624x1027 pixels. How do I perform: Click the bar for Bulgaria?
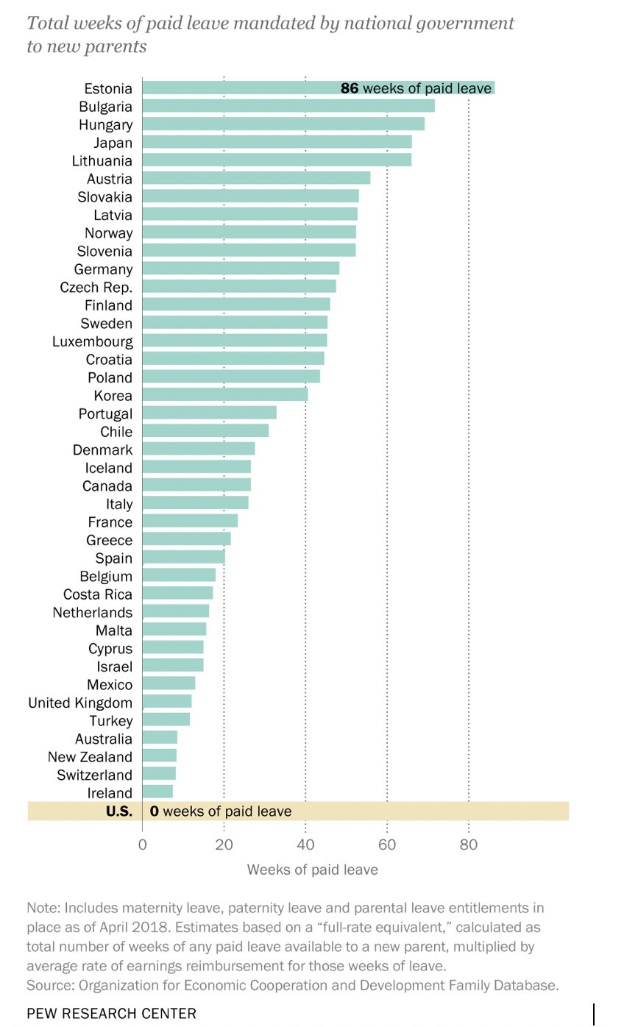tap(288, 106)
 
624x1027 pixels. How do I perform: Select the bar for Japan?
tap(277, 142)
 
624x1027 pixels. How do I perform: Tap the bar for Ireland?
tap(157, 792)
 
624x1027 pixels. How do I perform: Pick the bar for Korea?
tap(224, 395)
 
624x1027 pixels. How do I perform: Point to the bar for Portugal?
tap(209, 413)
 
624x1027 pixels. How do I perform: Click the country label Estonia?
tap(108, 88)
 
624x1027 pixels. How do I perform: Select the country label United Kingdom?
tap(80, 703)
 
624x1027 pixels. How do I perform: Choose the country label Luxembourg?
tap(93, 341)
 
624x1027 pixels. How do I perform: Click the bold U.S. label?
tap(118, 811)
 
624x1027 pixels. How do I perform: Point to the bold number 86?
tap(349, 88)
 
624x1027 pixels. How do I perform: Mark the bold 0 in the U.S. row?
tap(155, 811)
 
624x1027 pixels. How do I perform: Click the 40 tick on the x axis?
tap(305, 845)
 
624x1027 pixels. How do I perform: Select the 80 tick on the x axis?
tap(469, 845)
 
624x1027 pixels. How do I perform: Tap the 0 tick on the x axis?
tap(143, 845)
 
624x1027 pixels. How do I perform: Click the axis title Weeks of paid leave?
tap(312, 870)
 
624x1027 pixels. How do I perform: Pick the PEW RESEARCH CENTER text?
tap(111, 1013)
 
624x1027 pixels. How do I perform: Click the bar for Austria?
tap(256, 178)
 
